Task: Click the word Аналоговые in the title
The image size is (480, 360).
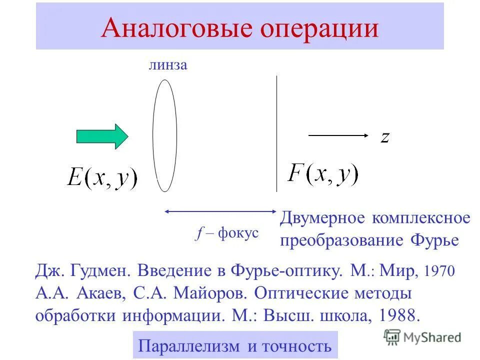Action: [x=172, y=28]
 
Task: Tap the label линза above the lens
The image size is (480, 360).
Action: [x=167, y=65]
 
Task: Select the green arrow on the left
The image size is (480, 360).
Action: [x=102, y=136]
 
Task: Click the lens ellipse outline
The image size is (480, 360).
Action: [x=153, y=135]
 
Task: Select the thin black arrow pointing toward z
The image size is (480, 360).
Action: [x=338, y=135]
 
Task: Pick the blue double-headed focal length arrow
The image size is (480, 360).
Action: [x=220, y=212]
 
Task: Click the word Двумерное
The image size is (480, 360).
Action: [x=323, y=219]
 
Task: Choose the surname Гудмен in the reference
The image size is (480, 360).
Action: [x=99, y=272]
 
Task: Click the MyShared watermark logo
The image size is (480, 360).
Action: [x=422, y=337]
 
